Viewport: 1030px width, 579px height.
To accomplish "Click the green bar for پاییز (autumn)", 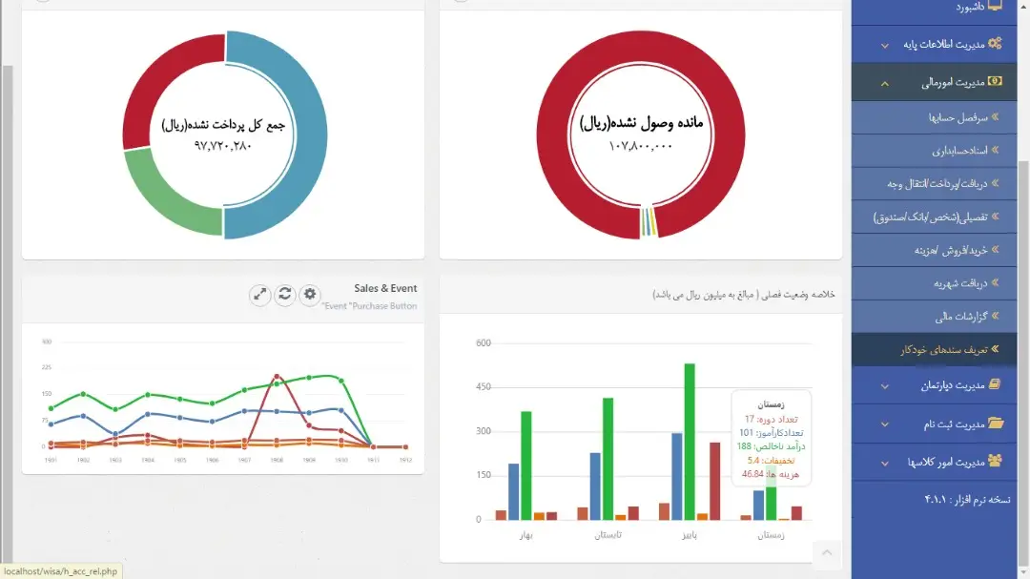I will pos(690,441).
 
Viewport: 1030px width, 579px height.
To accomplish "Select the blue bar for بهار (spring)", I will pos(513,491).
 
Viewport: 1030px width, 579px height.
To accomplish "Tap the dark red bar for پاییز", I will pos(714,481).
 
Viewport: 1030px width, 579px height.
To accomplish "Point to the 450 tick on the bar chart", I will pos(483,387).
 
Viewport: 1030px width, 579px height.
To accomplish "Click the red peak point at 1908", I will pos(276,377).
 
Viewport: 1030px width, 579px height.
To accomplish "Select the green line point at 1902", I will pos(83,394).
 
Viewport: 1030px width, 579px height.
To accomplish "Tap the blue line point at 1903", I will pos(115,434).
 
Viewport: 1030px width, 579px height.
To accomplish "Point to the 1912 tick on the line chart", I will pos(405,459).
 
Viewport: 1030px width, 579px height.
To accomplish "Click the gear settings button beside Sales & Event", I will pos(309,295).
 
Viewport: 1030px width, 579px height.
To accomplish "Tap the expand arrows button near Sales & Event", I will pos(260,295).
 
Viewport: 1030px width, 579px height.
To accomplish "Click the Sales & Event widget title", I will pos(385,288).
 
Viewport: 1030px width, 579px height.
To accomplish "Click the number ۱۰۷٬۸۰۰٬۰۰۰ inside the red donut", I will pos(640,146).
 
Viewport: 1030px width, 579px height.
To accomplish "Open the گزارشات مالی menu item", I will pos(959,317).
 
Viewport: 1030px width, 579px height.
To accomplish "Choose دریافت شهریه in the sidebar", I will pos(958,283).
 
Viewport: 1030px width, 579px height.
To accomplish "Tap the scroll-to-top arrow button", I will pos(827,553).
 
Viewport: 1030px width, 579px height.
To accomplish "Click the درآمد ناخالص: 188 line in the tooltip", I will pos(771,446).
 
